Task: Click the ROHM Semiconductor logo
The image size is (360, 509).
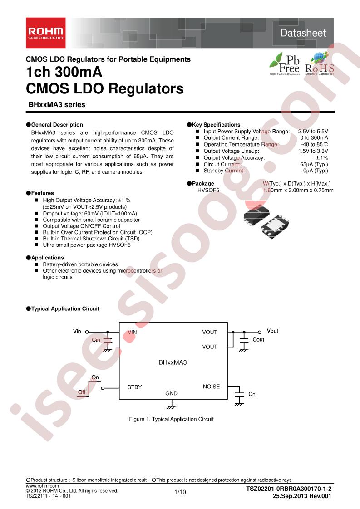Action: coord(46,33)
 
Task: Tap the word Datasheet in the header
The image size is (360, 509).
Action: coord(303,33)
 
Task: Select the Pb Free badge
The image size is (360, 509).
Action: coord(285,64)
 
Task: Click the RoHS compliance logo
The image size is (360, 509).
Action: coord(320,64)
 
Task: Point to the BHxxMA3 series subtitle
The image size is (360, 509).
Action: coord(57,104)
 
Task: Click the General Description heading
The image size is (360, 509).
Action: coord(57,125)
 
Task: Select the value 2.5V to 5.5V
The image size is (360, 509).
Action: coord(313,132)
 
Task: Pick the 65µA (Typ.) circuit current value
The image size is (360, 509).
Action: coord(314,164)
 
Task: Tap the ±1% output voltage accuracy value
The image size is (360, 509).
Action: coord(322,158)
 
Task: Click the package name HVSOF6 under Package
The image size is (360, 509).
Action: coord(208,190)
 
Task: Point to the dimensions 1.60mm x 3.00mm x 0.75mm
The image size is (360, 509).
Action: coord(298,190)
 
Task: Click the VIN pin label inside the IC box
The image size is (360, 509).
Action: coord(132,332)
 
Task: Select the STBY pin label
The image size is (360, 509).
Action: coord(134,387)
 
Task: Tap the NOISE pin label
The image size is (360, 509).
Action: coord(211,387)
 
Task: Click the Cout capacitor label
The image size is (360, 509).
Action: coord(258,339)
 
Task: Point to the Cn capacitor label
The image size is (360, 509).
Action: coord(252,394)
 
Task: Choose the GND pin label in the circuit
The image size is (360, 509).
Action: coord(171,393)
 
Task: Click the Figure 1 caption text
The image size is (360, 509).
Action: coord(171,419)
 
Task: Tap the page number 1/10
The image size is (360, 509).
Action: coord(180,492)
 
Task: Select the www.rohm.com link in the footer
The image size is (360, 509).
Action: coord(42,486)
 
